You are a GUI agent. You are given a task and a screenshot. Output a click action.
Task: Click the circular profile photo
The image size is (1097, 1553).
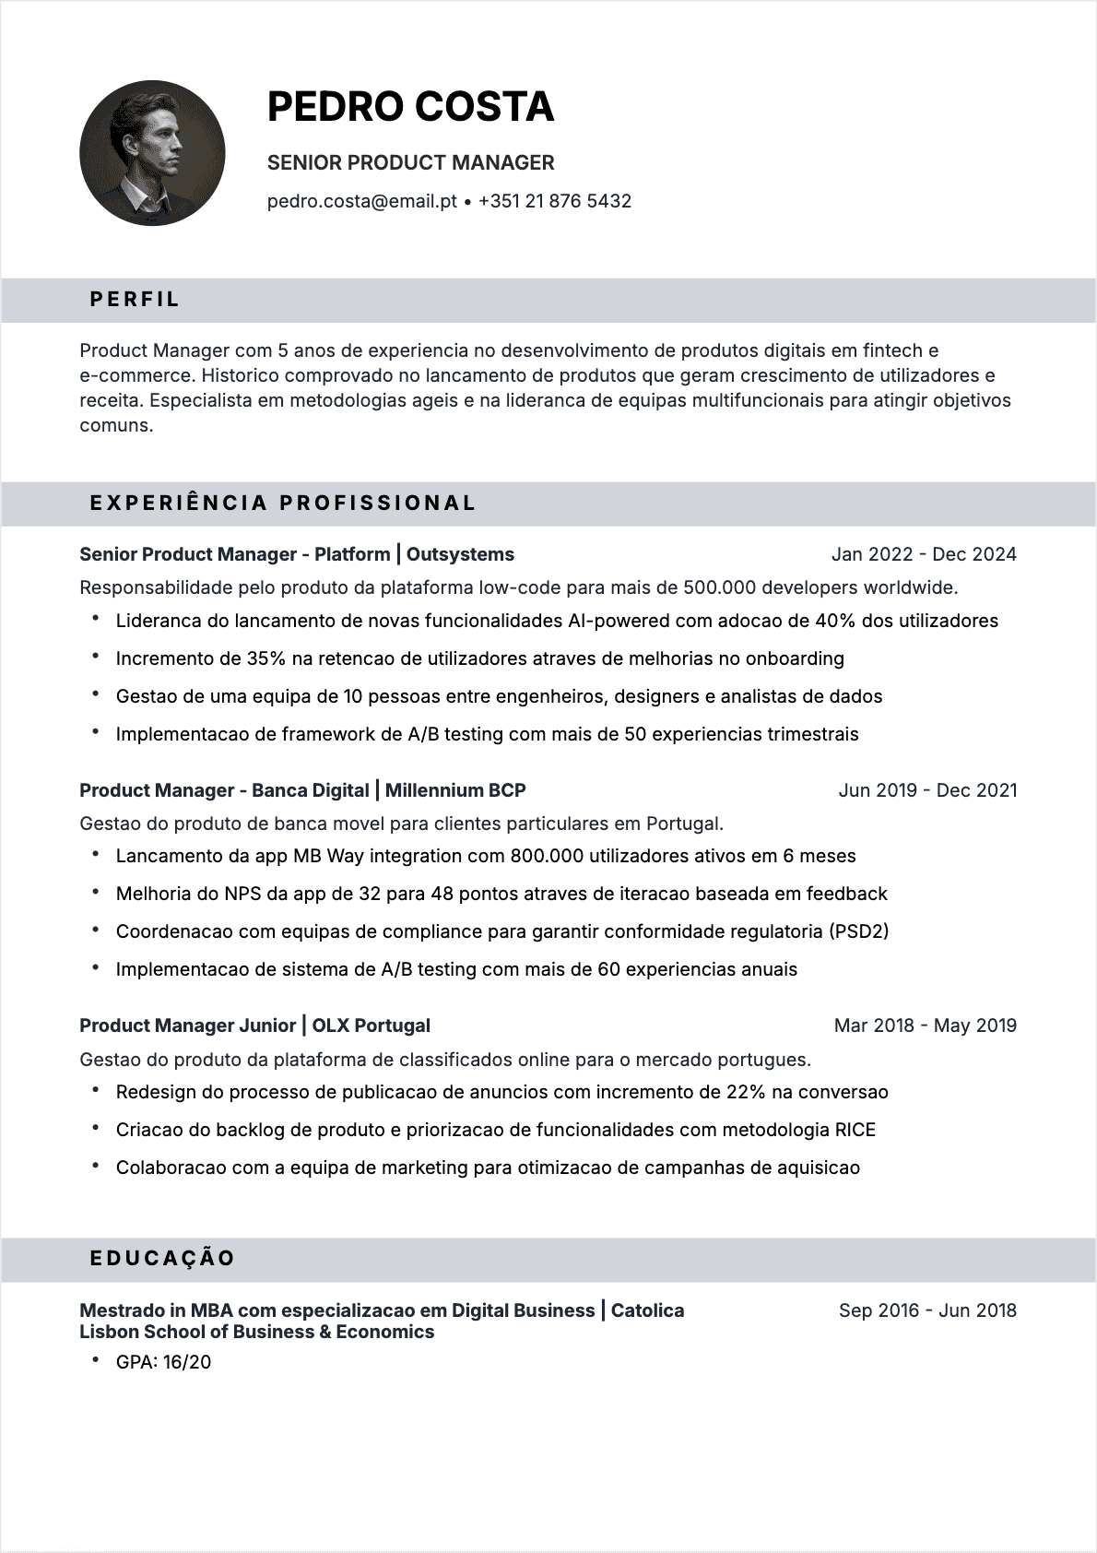152,153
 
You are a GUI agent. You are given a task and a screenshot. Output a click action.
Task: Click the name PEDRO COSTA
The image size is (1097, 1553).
410,107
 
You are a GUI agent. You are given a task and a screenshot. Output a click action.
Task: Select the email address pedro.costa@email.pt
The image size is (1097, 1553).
361,201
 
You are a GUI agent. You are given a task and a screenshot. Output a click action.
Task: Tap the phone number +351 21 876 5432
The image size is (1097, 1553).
555,201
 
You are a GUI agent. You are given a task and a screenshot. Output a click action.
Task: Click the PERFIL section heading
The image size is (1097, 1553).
135,300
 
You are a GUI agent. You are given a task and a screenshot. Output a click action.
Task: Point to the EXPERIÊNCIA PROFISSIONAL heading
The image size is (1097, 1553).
283,503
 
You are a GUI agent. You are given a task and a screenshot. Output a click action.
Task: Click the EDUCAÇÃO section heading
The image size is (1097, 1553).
162,1258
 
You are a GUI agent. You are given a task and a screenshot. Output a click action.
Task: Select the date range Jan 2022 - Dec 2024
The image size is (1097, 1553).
924,554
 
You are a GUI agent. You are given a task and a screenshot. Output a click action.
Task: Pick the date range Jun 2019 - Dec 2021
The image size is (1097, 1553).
927,790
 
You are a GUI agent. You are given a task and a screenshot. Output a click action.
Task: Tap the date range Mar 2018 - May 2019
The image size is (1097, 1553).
925,1025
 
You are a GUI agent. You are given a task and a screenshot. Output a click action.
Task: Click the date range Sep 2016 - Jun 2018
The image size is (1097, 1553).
927,1310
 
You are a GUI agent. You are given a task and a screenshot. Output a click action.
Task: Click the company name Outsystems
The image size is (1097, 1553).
460,554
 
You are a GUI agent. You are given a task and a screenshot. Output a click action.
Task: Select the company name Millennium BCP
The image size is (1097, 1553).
455,790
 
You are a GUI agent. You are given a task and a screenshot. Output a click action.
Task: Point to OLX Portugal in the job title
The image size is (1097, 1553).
372,1025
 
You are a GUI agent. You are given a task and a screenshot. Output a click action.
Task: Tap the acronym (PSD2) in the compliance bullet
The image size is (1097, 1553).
859,931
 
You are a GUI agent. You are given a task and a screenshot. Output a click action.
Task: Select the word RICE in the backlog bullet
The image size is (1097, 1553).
855,1130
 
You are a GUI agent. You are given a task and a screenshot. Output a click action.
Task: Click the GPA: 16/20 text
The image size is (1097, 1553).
163,1362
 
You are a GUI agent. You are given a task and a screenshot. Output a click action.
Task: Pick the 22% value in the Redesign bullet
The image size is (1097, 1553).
746,1092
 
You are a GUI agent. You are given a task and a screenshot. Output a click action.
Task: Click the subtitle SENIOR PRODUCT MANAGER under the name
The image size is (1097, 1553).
410,162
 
